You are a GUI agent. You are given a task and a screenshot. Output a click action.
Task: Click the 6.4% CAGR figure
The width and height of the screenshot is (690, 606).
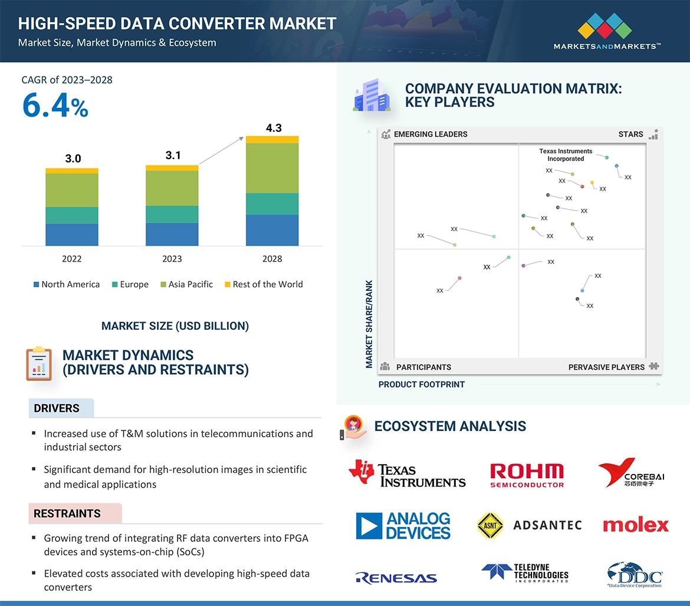tap(55, 106)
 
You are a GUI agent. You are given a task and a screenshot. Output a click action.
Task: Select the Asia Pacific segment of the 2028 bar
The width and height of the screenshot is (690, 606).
tap(272, 168)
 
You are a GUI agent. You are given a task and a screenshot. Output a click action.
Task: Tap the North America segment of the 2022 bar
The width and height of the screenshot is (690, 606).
tap(72, 234)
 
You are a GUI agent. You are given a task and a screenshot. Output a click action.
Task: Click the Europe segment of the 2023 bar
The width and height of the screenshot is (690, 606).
tap(172, 214)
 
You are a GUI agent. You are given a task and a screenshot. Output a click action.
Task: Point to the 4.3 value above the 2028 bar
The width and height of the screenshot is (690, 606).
tap(274, 128)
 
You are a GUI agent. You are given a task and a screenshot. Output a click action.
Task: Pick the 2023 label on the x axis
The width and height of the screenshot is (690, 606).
tap(172, 259)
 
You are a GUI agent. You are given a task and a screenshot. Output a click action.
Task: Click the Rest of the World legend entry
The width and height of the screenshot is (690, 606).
tap(264, 284)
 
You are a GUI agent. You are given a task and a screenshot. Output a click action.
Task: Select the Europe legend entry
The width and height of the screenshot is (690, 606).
tap(130, 284)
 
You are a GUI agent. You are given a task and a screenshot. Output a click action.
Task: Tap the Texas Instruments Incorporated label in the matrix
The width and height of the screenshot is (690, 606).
tap(566, 155)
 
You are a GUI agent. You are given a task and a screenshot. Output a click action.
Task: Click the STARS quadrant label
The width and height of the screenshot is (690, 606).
tap(630, 134)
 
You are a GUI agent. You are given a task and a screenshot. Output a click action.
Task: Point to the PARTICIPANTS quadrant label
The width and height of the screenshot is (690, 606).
tap(423, 367)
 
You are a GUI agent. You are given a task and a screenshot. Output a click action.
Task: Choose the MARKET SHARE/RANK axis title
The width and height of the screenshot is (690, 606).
tap(370, 324)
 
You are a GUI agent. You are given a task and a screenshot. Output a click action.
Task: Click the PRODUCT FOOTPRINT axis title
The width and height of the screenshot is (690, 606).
tap(422, 385)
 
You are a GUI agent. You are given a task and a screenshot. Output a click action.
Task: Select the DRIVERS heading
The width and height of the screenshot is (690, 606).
tap(57, 408)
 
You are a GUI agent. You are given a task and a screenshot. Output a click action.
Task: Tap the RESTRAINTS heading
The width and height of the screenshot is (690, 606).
tap(67, 514)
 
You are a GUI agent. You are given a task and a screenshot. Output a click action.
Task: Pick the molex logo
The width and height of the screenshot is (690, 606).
tap(636, 525)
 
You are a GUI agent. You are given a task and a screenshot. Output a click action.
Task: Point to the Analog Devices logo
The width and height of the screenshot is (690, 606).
tap(403, 526)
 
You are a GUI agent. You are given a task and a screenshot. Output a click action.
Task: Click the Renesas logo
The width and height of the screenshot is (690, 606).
tap(396, 578)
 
